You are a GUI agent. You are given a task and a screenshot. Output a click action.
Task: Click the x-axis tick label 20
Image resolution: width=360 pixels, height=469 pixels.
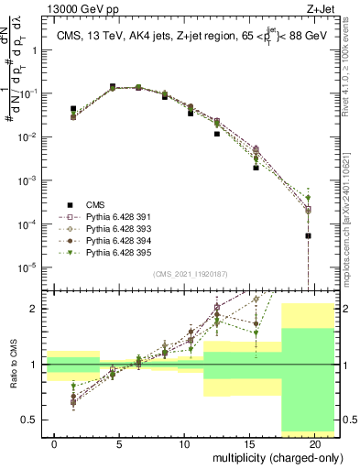314,443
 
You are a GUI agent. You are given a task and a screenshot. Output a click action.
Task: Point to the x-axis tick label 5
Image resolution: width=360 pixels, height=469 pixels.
120,443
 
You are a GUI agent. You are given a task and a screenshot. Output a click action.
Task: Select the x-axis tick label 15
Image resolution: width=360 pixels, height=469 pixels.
249,443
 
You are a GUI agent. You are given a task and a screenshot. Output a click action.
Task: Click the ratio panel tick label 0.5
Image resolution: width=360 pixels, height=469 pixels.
30,420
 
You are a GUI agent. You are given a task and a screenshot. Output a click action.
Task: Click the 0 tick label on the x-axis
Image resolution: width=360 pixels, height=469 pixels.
55,443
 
